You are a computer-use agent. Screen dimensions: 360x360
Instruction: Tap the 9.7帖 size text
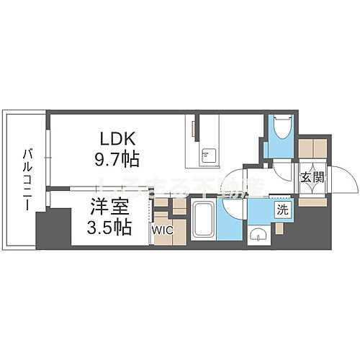click(x=119, y=156)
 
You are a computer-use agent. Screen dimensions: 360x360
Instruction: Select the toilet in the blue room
click(x=280, y=130)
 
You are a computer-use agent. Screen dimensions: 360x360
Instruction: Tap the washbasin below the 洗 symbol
click(x=258, y=234)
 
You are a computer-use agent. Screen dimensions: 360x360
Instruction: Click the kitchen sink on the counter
click(x=206, y=153)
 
